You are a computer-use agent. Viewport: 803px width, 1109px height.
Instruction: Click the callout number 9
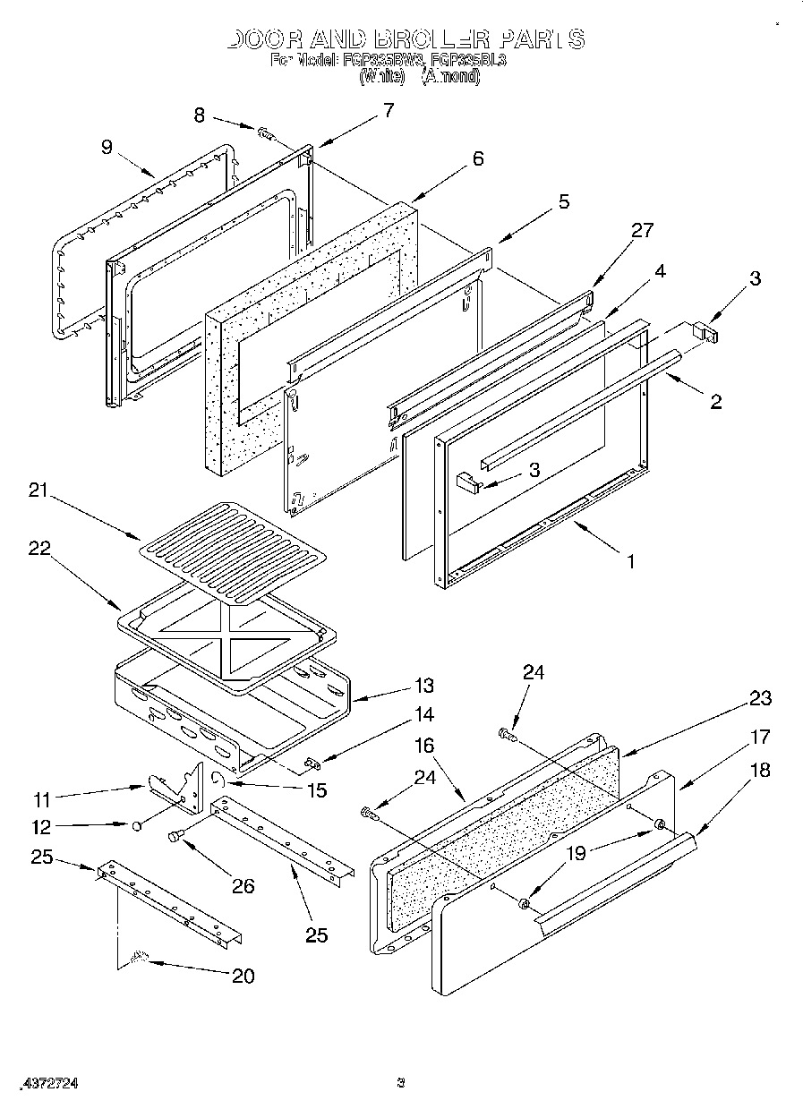pos(107,147)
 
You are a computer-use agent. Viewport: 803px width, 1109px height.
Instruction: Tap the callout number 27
pos(642,230)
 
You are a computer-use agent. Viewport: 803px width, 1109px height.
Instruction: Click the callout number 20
pos(243,976)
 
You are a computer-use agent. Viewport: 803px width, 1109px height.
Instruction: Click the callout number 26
pos(243,886)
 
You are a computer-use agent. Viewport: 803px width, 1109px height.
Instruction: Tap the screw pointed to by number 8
pos(265,133)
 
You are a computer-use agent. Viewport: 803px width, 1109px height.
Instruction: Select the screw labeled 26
pos(175,836)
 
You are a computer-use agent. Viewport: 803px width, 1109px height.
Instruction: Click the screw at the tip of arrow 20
pos(139,959)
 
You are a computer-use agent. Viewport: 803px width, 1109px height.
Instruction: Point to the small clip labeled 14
pos(312,763)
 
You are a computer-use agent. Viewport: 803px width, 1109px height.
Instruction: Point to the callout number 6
pos(478,158)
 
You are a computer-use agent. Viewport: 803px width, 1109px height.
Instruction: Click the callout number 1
pos(630,561)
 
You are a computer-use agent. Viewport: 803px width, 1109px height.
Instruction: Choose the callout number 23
pos(760,698)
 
